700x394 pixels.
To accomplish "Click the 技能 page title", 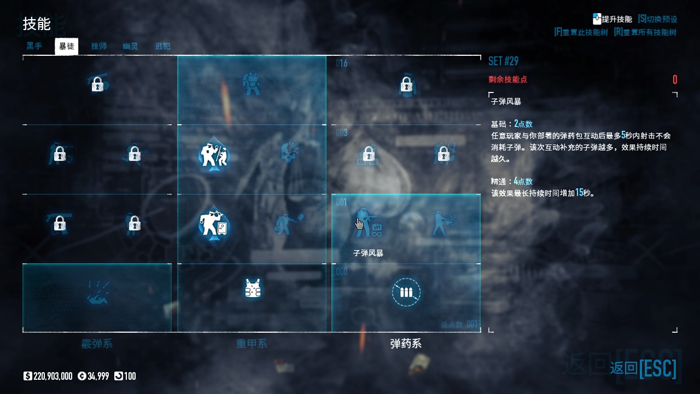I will click(36, 24).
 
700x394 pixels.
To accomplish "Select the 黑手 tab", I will click(34, 46).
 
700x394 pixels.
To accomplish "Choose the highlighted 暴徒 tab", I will click(66, 46).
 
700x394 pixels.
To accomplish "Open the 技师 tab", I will click(99, 46).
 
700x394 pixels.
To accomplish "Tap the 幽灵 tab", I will click(130, 46).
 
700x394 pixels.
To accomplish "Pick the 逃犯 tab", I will click(162, 46).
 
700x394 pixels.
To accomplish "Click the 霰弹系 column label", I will click(97, 344).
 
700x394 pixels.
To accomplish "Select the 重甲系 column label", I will click(252, 344).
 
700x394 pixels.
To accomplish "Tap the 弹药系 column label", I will click(406, 344).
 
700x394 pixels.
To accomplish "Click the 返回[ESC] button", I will click(643, 368).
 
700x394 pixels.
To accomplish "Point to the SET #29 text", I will click(503, 61).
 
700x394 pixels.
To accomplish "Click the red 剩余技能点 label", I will click(507, 79).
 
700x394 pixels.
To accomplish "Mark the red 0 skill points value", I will click(675, 80).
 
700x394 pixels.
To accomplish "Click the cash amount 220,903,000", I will click(52, 376).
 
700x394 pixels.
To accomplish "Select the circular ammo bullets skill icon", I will click(406, 292).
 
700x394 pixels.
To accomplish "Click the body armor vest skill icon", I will click(252, 288).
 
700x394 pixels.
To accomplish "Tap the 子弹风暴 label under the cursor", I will click(368, 253).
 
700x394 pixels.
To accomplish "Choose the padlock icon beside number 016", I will click(406, 84).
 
